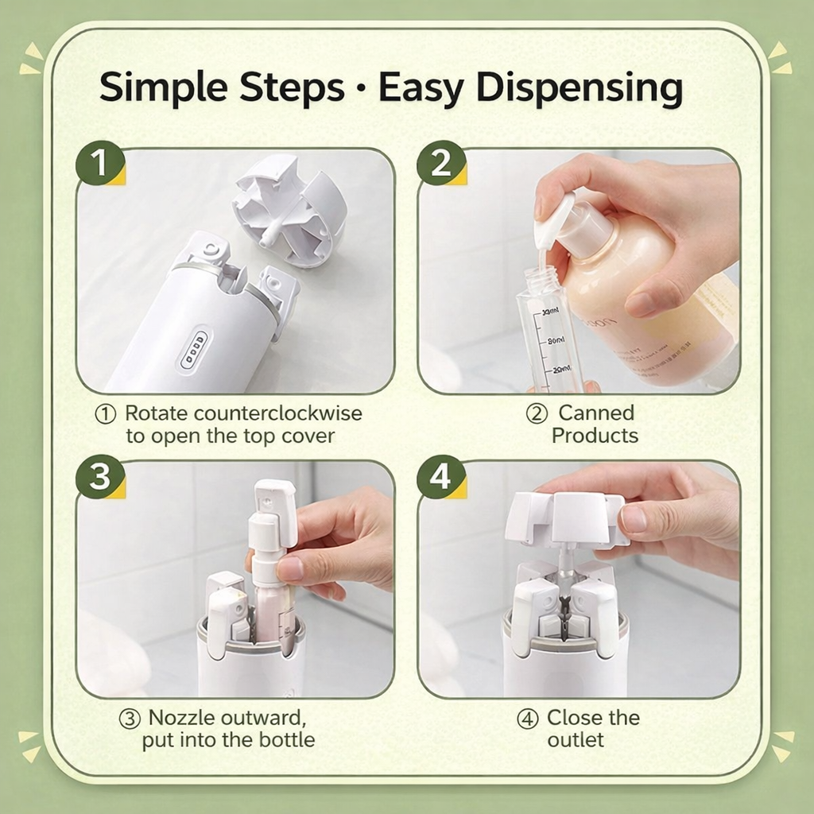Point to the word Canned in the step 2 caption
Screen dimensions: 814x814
595,413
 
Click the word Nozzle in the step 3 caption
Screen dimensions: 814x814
181,718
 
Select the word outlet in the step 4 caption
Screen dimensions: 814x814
576,740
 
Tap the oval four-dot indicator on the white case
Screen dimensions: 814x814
194,350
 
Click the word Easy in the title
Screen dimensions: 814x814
420,87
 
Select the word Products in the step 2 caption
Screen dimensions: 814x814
595,436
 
